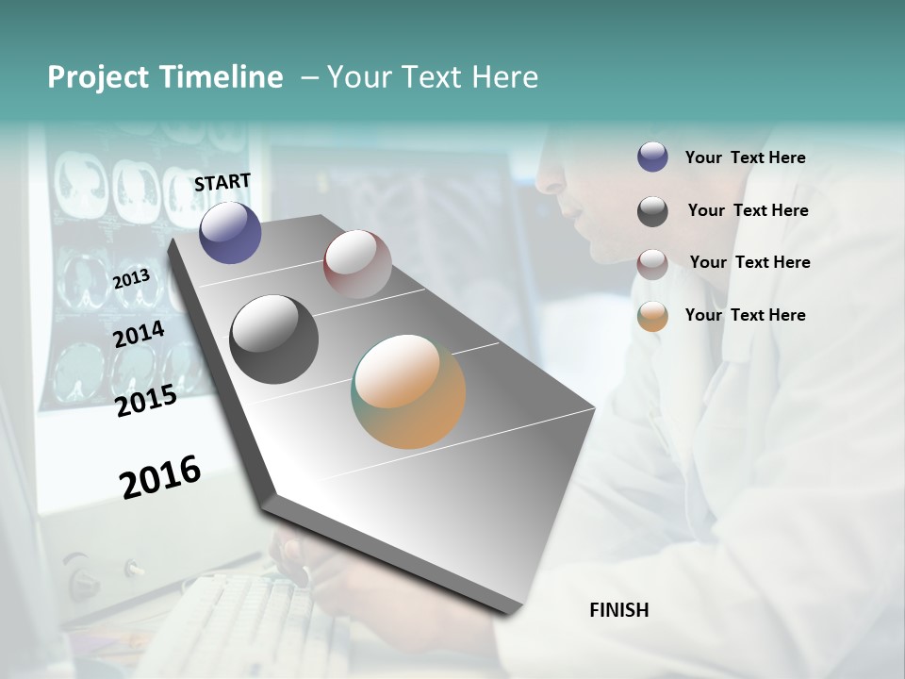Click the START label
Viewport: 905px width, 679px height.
pos(222,182)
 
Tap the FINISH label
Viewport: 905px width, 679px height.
pos(618,610)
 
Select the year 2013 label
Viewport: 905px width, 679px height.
pos(131,278)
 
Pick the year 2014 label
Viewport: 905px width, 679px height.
pos(139,335)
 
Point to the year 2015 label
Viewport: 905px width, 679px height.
pos(146,401)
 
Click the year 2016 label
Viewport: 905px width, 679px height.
pos(160,476)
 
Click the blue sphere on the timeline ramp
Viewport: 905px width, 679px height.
pos(230,232)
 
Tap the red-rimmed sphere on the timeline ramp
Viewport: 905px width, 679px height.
pos(357,264)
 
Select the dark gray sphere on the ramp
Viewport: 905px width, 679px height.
pos(273,339)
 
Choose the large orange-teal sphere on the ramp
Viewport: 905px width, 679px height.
pos(408,391)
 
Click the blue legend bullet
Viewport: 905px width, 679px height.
pos(652,157)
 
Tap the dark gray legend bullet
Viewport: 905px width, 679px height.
pos(652,211)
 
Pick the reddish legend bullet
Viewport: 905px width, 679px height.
pos(652,264)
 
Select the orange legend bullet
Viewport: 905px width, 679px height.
pos(652,316)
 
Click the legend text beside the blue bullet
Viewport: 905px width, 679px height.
pos(745,158)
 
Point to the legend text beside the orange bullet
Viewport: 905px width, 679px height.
pos(745,315)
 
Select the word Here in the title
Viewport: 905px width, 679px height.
pos(504,77)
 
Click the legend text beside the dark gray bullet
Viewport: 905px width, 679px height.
pos(748,210)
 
